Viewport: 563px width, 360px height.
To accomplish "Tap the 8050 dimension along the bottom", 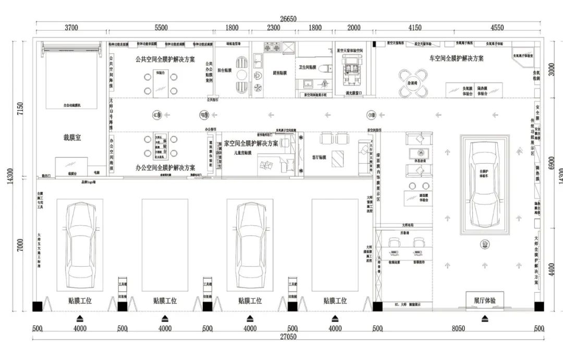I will (458, 328).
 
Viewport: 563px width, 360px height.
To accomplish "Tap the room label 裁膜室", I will (72, 138).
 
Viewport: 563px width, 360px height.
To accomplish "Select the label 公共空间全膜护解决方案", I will (165, 59).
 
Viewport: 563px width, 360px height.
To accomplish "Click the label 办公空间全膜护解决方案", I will (165, 168).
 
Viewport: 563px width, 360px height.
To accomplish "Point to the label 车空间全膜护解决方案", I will (456, 58).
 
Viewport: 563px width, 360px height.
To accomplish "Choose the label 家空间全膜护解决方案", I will (251, 143).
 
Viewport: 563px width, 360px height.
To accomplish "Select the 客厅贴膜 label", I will (319, 156).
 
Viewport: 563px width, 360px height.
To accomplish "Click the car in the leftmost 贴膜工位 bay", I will (79, 245).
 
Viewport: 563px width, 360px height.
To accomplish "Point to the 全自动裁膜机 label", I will (71, 105).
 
